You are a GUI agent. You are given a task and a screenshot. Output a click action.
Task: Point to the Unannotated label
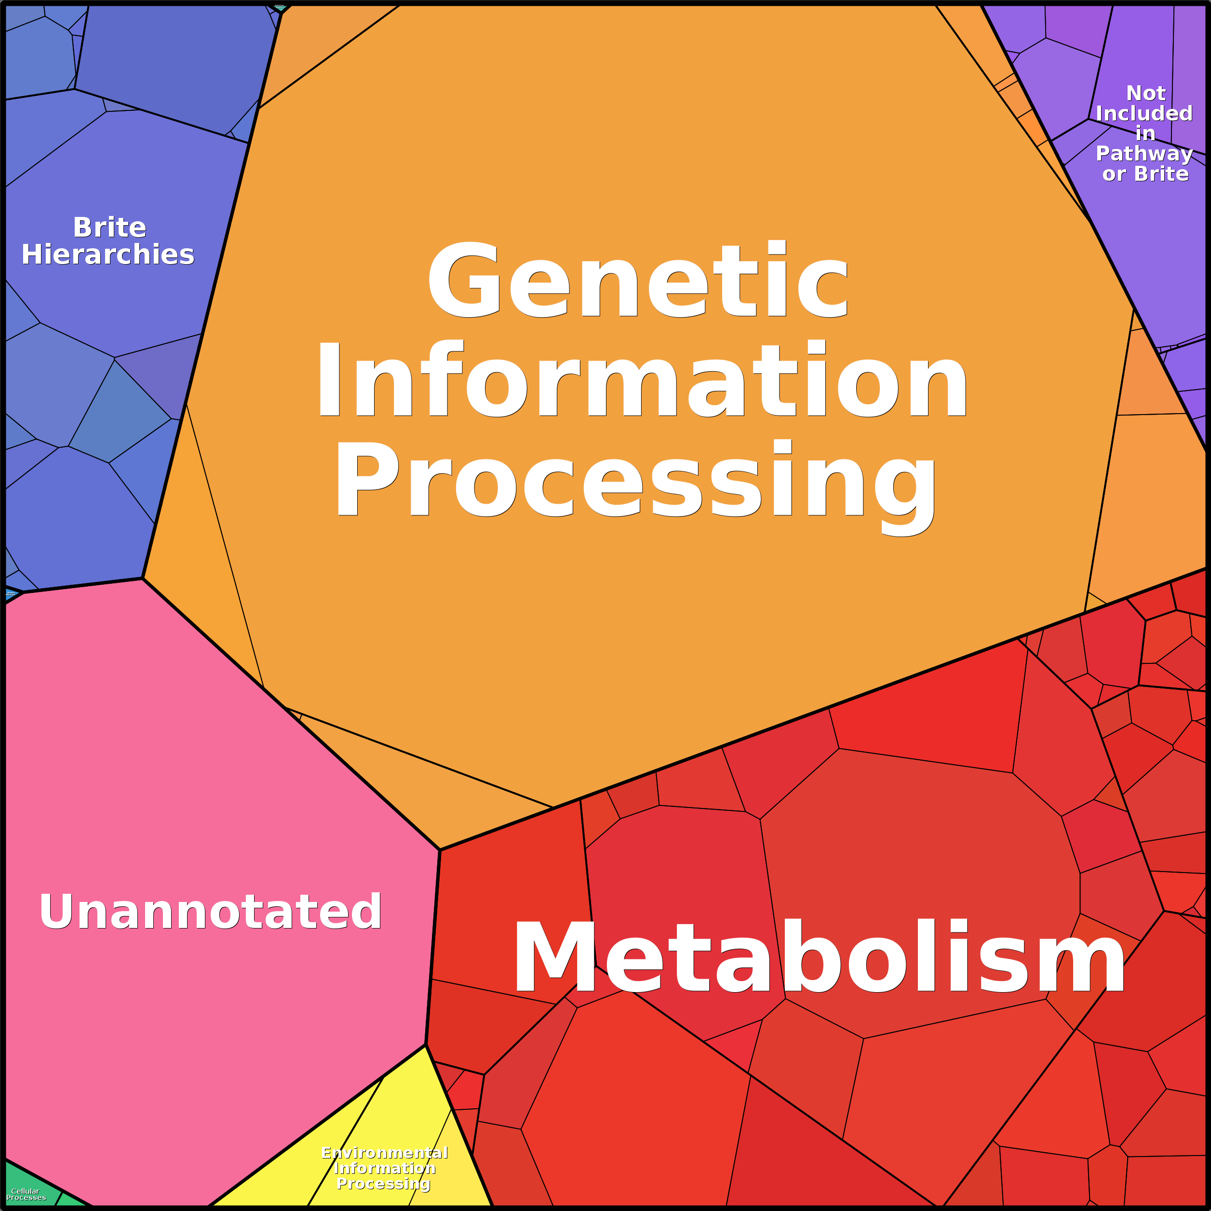[211, 912]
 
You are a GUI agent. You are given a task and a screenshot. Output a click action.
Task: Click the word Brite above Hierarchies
[110, 227]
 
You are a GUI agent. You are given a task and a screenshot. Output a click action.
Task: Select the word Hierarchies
[108, 255]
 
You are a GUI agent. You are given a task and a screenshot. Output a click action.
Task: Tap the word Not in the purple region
[1146, 94]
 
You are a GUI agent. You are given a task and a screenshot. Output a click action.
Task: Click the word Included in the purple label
[1144, 113]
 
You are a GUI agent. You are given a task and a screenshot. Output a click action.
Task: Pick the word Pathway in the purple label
[1144, 154]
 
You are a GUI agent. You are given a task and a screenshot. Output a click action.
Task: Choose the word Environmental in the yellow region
[384, 1153]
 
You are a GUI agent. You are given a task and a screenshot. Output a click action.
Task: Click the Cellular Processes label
[26, 1194]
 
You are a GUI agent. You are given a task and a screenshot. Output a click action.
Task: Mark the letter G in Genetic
[464, 280]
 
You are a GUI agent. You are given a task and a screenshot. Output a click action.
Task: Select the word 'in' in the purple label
[1145, 134]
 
